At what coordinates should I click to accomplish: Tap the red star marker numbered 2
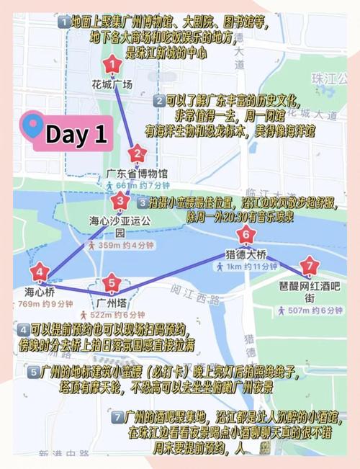138,154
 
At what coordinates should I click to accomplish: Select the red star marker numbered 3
120,200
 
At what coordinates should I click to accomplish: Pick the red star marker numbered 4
39,274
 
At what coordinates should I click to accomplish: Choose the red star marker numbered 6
246,235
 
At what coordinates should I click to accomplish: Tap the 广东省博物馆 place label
137,174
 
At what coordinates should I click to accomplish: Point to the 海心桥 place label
39,292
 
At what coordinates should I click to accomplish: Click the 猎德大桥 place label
246,254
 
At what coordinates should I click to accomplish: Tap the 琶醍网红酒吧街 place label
310,291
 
